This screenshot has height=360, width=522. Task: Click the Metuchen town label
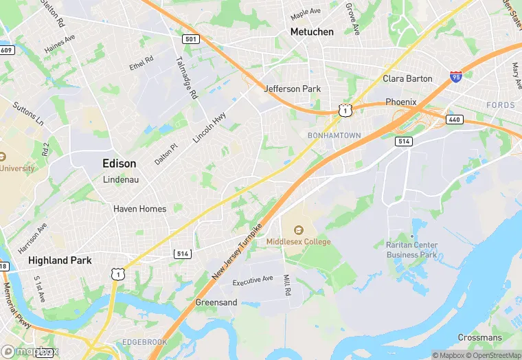coord(312,32)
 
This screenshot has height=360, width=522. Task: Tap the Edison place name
coord(119,164)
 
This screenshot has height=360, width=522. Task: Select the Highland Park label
coord(59,260)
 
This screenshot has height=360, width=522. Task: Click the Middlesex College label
coord(299,242)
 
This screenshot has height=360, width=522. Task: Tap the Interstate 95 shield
coord(456,76)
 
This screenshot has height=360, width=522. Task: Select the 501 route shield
coord(191,39)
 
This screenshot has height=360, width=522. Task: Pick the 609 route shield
coord(7,50)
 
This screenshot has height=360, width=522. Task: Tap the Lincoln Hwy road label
coord(209,128)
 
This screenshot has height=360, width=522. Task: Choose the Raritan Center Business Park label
coord(411,249)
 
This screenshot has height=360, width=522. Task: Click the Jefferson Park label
coord(293,89)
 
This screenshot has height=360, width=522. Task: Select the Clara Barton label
coord(407,78)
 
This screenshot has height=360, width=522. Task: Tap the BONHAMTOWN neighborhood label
coord(334,135)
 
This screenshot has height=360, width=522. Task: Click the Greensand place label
coord(216,302)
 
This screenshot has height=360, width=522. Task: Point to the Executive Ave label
coord(253,282)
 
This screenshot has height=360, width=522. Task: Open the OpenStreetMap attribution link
coord(493,355)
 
